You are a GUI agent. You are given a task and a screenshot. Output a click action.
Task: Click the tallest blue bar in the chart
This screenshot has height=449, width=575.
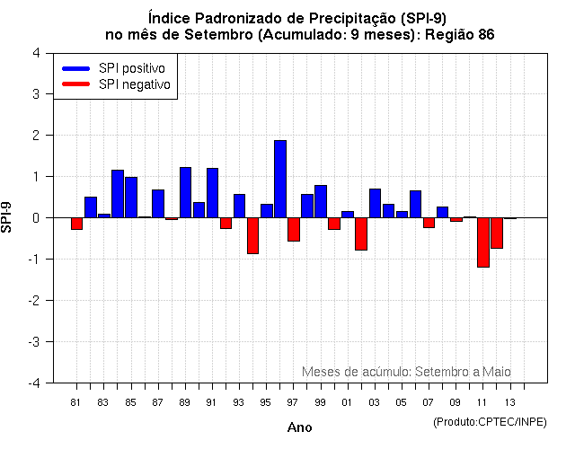[x=280, y=179]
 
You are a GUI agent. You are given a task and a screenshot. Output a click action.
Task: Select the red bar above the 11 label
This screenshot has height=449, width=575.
[x=483, y=242]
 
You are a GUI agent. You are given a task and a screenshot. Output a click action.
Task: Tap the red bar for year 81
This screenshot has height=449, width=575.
[x=77, y=224]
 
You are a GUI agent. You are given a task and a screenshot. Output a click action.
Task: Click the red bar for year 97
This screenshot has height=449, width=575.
[x=294, y=229]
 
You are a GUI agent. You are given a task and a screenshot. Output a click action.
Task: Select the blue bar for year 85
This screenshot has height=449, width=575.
[x=131, y=198]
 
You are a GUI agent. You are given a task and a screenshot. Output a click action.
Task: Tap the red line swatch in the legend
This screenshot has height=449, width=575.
[x=76, y=84]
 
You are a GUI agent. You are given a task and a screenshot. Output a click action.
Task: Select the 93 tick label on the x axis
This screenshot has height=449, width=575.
[x=238, y=402]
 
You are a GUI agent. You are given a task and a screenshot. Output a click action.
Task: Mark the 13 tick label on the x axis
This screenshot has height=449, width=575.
[x=509, y=402]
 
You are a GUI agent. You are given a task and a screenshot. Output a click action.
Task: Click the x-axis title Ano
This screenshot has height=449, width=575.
[x=299, y=427]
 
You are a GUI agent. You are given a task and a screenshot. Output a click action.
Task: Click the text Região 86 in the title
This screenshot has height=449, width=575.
[x=458, y=34]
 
